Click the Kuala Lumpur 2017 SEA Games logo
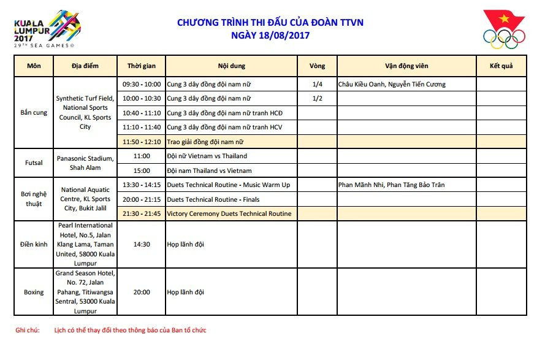48,29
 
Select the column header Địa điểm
85,66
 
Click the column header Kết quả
501,66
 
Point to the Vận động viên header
406,66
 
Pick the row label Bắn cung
34,113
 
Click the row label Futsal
34,163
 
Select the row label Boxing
34,292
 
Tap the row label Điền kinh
34,244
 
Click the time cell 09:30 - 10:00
142,84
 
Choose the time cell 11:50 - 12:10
142,142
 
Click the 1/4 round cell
317,84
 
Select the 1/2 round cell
317,98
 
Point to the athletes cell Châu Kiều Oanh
391,84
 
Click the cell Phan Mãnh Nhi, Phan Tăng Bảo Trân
391,185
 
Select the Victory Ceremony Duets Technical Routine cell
229,213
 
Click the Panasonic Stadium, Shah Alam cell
85,163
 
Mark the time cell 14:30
142,244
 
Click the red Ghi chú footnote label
27,330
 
